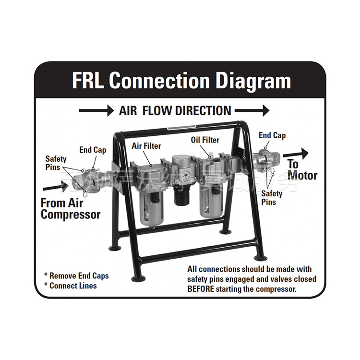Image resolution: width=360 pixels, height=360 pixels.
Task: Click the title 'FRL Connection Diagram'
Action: point(181,80)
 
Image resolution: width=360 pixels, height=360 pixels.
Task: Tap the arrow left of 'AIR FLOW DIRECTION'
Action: point(96,110)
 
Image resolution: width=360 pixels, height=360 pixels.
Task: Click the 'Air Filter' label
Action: point(146,145)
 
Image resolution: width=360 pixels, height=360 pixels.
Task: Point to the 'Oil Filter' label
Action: point(205,140)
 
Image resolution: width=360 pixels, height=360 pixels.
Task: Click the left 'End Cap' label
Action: point(93,150)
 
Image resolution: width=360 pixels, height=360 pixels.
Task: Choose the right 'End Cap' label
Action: point(272,135)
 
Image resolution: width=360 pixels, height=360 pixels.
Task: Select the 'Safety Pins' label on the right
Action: point(272,198)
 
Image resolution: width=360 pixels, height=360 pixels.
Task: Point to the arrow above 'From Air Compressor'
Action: point(58,187)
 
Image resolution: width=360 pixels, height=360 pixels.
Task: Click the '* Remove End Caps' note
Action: point(76,276)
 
